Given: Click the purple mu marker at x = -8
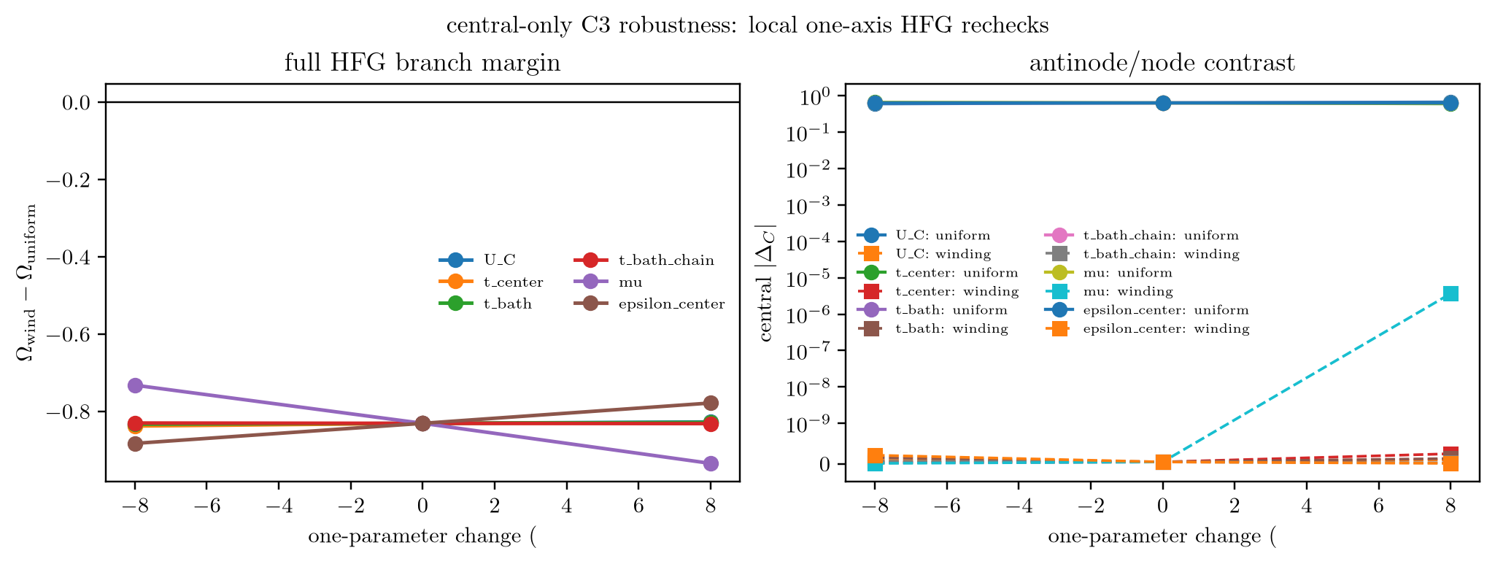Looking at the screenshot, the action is point(134,385).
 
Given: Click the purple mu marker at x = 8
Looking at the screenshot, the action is point(711,463).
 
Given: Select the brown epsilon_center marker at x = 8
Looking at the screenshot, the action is point(711,403).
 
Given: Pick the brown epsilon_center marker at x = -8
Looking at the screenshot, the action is point(134,444).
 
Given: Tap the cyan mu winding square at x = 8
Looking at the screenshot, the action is point(1450,293).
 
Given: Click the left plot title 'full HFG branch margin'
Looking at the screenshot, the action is point(422,63).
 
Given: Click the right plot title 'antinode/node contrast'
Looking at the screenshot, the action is point(1162,63).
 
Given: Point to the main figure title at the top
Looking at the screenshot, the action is point(747,26).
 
